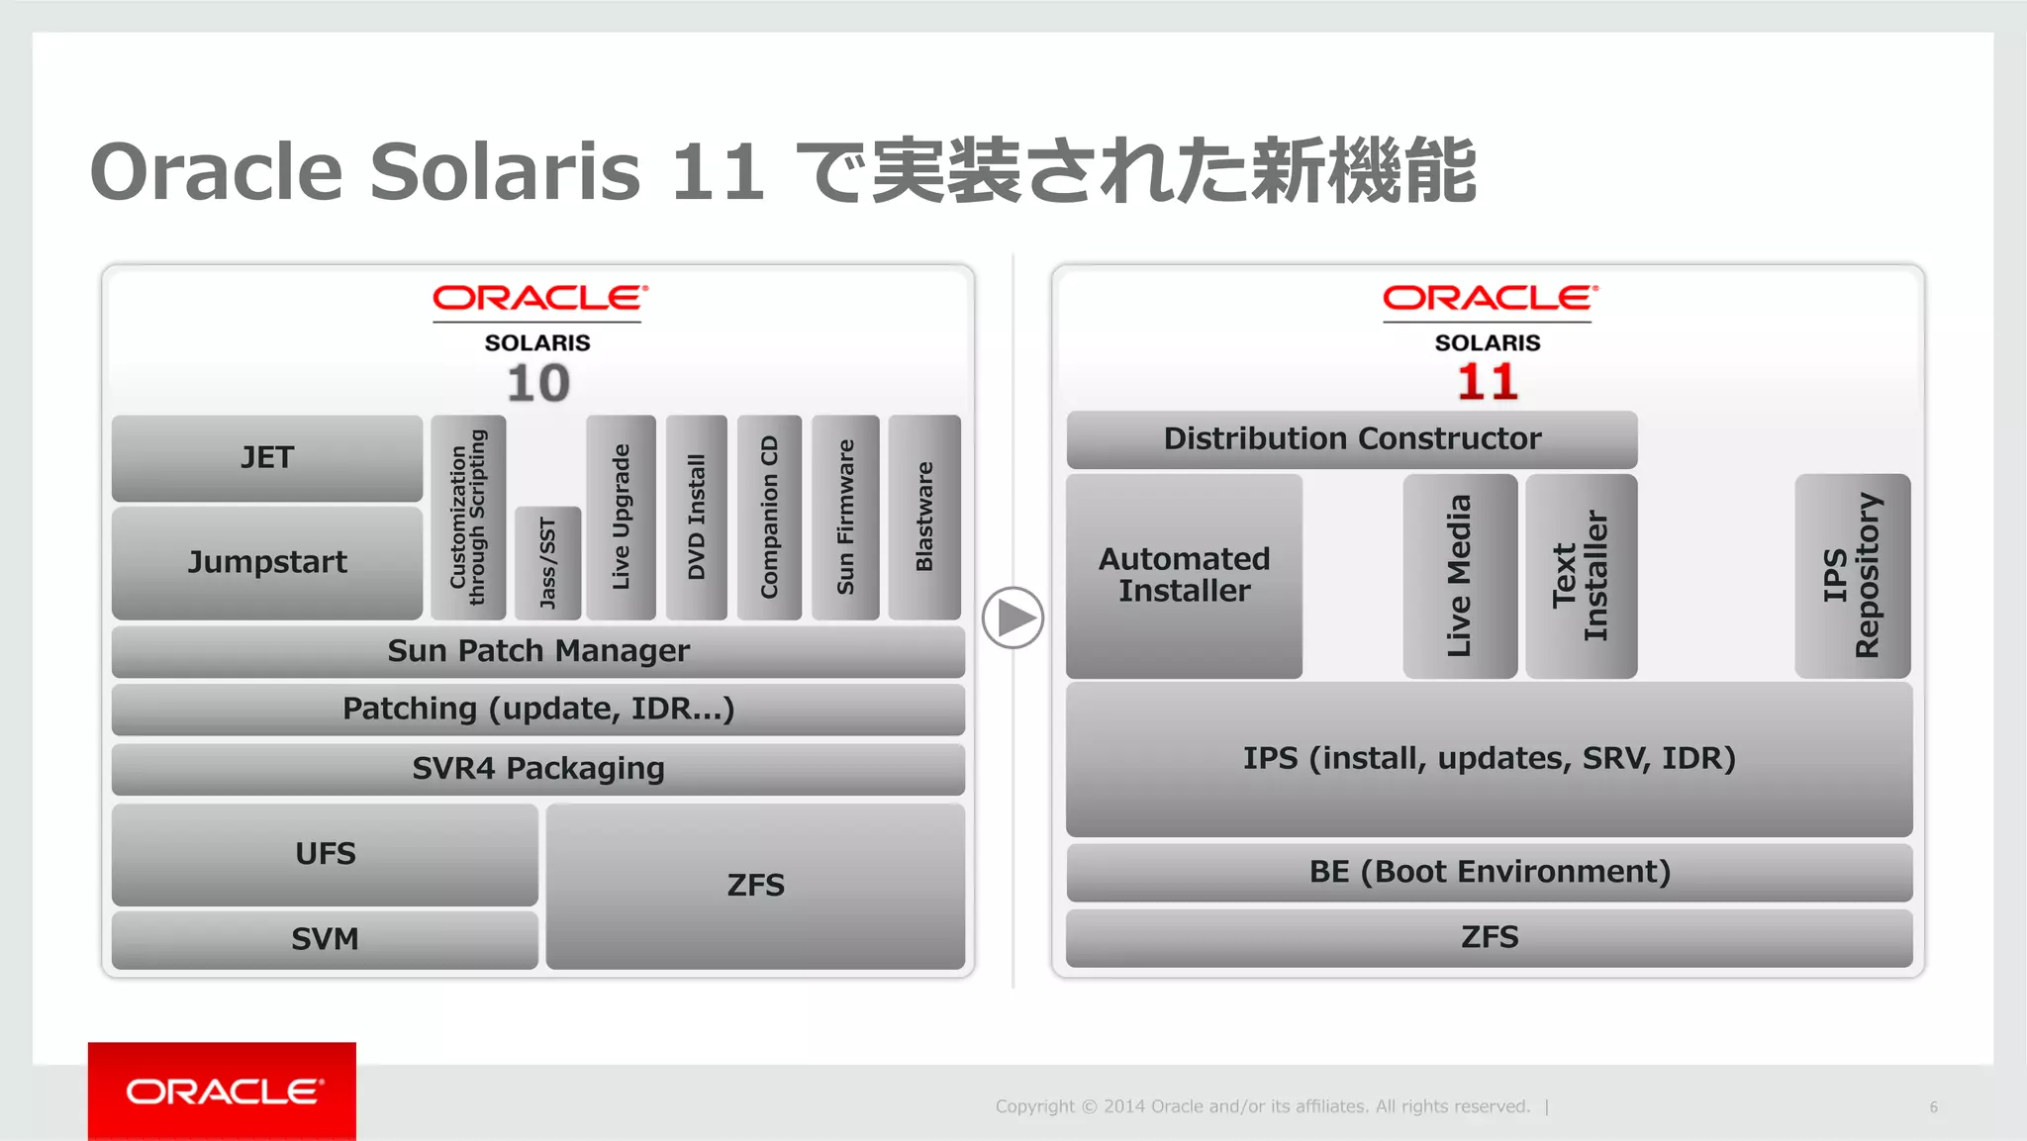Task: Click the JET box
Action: pos(266,457)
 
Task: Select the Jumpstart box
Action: pos(266,562)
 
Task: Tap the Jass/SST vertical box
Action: pos(547,562)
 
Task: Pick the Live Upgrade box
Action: pos(621,517)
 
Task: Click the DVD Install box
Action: pos(696,517)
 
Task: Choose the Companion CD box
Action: pos(769,517)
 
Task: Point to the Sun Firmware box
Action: pos(845,517)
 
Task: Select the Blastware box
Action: pos(924,517)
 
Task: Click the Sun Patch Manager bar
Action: pos(538,651)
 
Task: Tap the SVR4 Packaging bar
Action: pos(538,769)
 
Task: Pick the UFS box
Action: pos(325,854)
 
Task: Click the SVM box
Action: pos(325,939)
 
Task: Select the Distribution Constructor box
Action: pos(1352,439)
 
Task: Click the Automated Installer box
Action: pos(1184,576)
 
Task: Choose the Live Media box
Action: pos(1460,576)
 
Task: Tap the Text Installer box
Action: pos(1581,576)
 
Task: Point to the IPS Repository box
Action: pos(1852,576)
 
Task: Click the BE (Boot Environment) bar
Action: pos(1489,872)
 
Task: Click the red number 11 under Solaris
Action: pos(1487,382)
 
